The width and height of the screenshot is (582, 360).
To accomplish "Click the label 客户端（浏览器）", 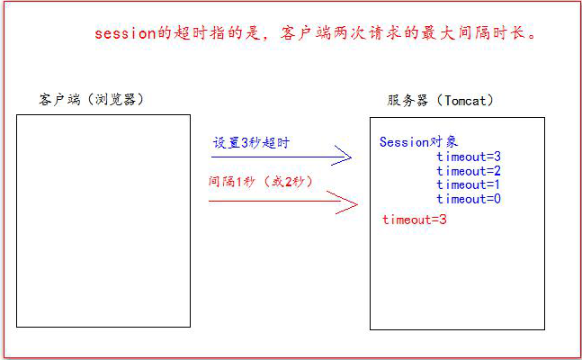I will [91, 99].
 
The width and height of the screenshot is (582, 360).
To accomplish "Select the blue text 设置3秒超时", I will [251, 143].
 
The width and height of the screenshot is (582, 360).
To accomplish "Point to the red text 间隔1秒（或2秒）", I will [260, 182].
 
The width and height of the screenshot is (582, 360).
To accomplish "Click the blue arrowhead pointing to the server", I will [341, 159].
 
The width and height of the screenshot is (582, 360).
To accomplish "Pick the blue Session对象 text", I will [418, 141].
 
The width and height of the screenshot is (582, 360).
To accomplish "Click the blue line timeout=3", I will [469, 157].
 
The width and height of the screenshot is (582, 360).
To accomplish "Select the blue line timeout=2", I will [469, 171].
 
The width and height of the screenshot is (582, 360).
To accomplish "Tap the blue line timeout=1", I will [469, 184].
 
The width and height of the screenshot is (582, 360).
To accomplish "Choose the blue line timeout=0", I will [469, 198].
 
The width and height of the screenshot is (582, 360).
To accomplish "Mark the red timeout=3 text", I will [415, 220].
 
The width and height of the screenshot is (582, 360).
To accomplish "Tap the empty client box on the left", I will [103, 220].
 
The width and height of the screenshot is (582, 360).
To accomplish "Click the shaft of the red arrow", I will [270, 202].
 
